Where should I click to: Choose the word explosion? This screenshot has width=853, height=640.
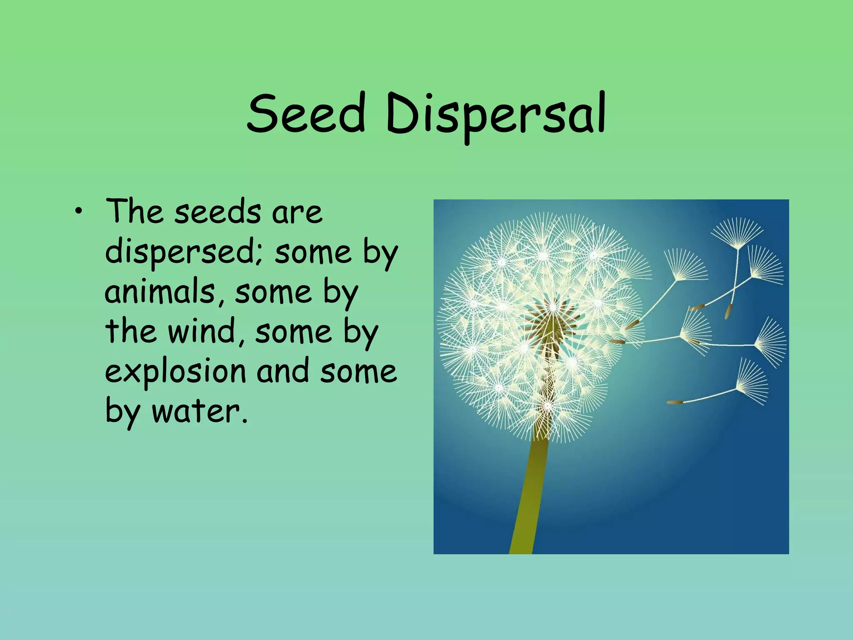[175, 372]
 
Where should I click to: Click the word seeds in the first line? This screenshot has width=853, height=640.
[217, 212]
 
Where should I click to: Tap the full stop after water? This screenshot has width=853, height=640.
[244, 420]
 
